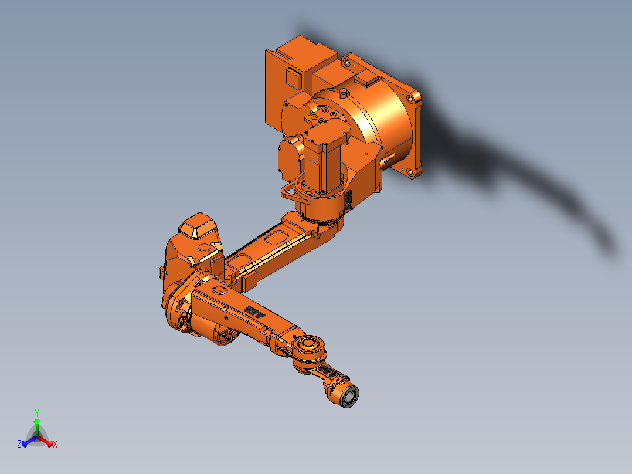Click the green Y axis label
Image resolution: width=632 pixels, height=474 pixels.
point(36,412)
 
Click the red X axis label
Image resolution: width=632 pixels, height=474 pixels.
point(55,445)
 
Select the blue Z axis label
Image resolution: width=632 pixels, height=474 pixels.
point(19,445)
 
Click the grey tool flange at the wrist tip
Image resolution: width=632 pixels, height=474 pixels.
point(350,397)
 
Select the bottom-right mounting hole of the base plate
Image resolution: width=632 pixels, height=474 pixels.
point(412,173)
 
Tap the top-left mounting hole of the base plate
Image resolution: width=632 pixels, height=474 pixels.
point(345,59)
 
